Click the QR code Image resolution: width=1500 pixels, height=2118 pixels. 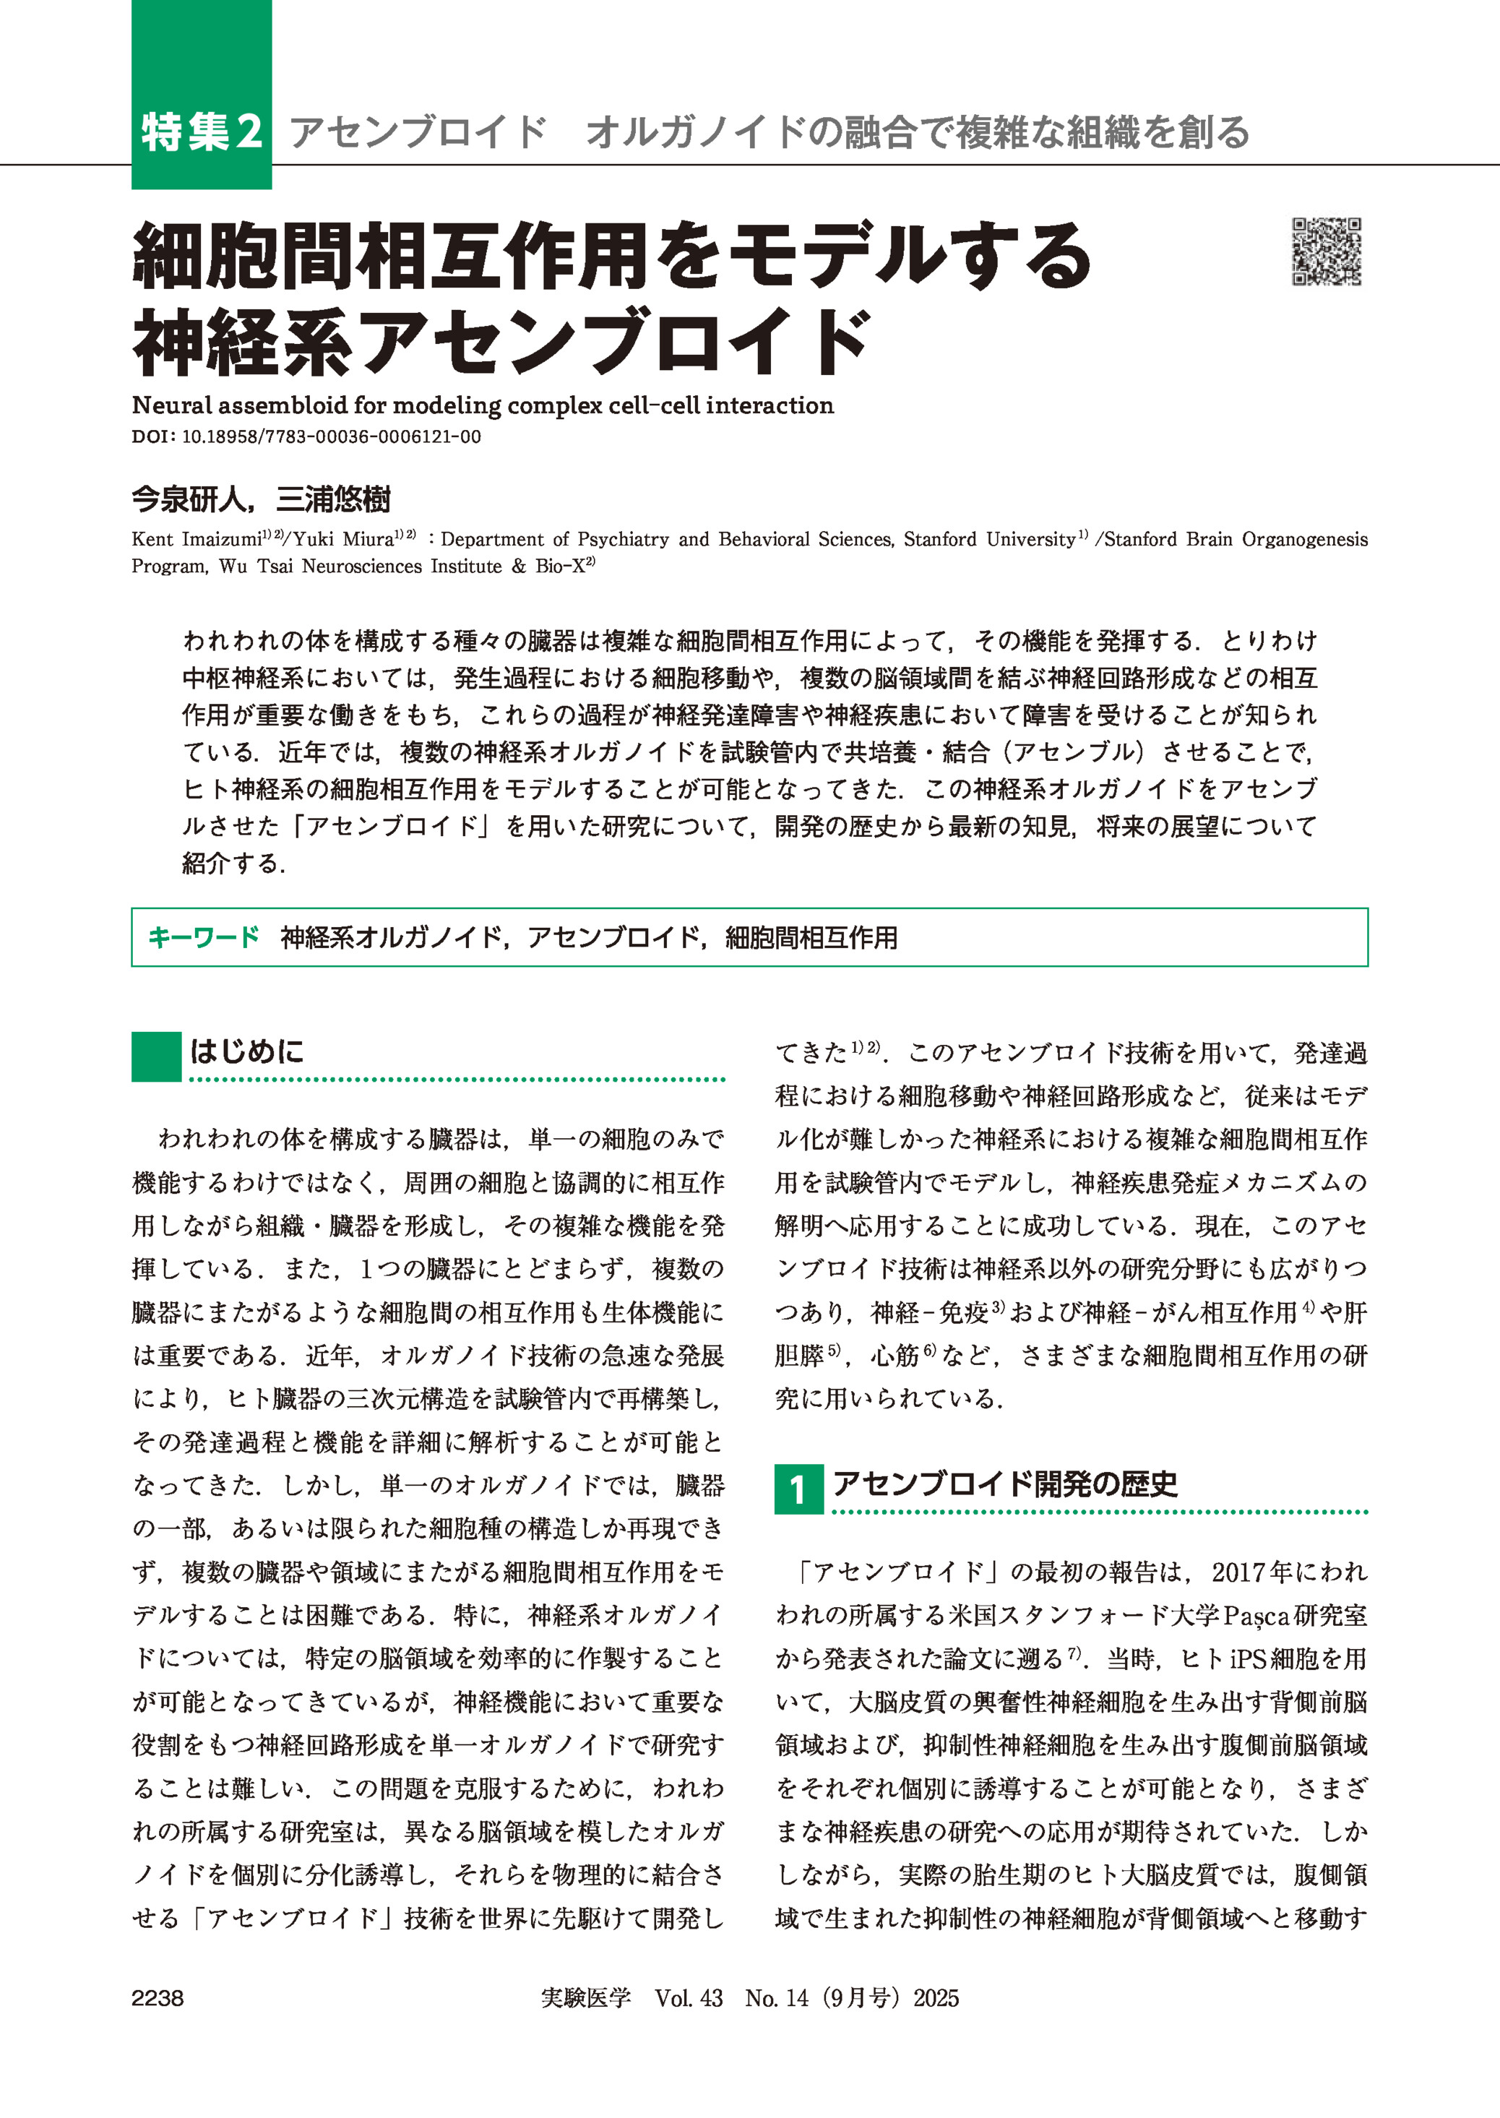pyautogui.click(x=1327, y=251)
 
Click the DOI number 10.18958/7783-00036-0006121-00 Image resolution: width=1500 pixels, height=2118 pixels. pyautogui.click(x=332, y=437)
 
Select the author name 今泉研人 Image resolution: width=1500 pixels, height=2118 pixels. pyautogui.click(x=189, y=500)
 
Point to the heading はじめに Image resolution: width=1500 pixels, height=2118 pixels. pyautogui.click(x=246, y=1051)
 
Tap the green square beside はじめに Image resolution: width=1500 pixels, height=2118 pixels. pyautogui.click(x=156, y=1056)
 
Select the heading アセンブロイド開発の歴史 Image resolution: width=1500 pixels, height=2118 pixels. pyautogui.click(x=1005, y=1484)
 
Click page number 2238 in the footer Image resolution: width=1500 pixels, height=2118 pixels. pyautogui.click(x=158, y=1998)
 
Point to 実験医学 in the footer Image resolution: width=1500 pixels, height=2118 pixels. pyautogui.click(x=585, y=1998)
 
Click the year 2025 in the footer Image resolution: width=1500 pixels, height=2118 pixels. pyautogui.click(x=936, y=1998)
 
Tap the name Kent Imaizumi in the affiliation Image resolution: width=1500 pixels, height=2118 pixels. pyautogui.click(x=196, y=539)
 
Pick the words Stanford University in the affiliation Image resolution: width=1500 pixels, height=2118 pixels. pyautogui.click(x=989, y=539)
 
